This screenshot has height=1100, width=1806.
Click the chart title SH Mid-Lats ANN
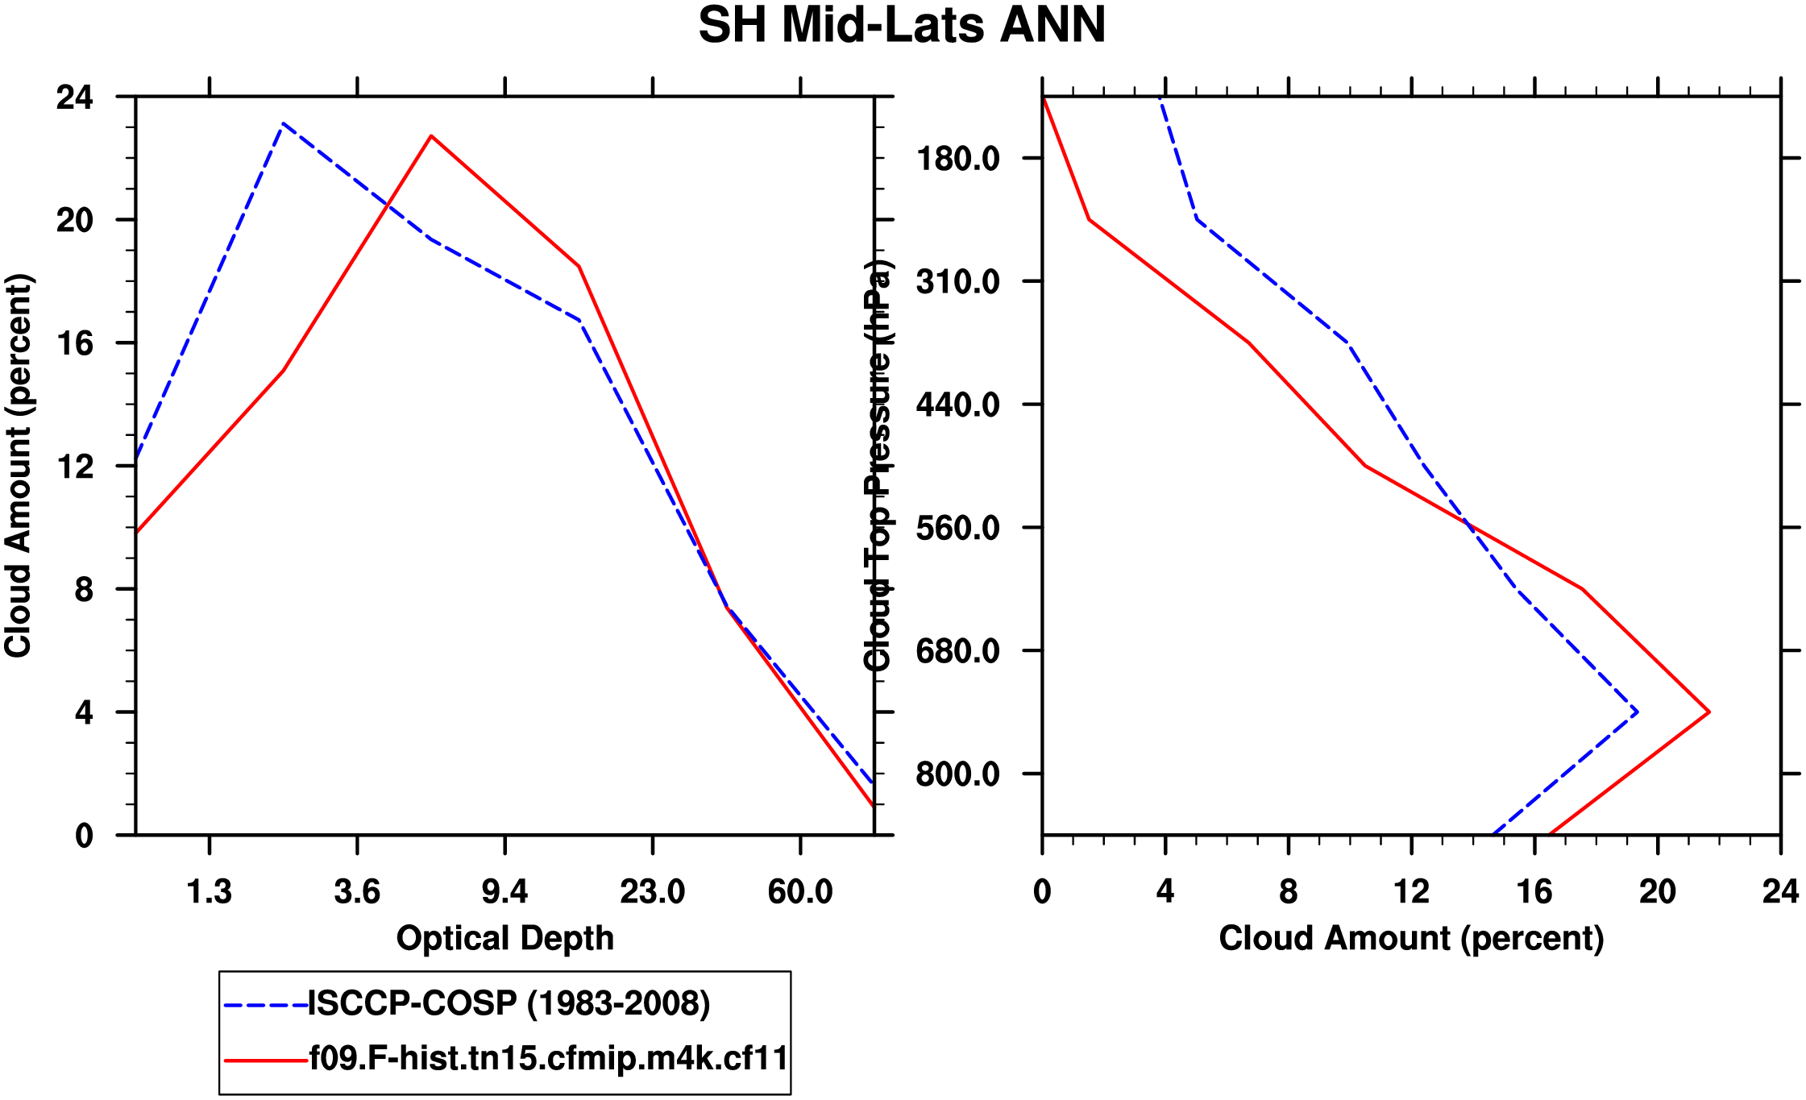(x=902, y=26)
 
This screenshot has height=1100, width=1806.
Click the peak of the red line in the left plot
(x=431, y=136)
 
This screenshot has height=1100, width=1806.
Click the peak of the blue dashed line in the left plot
(x=283, y=124)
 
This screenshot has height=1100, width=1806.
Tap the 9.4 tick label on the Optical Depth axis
(x=504, y=892)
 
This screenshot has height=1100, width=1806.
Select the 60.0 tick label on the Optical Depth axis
(x=799, y=892)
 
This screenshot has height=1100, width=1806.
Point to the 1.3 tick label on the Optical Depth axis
(x=210, y=892)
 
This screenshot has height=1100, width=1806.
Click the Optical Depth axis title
(x=504, y=939)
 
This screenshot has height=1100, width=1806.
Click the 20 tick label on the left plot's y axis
(x=74, y=220)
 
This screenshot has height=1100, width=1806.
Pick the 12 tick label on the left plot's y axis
(x=74, y=467)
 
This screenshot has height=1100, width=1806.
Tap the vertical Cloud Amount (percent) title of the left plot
(x=18, y=466)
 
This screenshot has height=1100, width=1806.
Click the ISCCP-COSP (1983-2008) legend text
(x=509, y=1004)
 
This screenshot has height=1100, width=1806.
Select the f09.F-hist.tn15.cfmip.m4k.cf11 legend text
(x=549, y=1058)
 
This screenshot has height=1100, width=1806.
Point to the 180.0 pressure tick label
(x=957, y=159)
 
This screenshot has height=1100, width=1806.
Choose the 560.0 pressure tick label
(x=957, y=529)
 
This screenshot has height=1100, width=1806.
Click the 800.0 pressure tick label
(x=957, y=774)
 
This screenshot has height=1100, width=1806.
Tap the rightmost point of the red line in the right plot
(x=1708, y=712)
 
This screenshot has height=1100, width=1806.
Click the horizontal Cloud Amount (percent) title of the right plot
(x=1411, y=939)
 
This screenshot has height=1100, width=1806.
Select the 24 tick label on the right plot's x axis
(x=1780, y=892)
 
